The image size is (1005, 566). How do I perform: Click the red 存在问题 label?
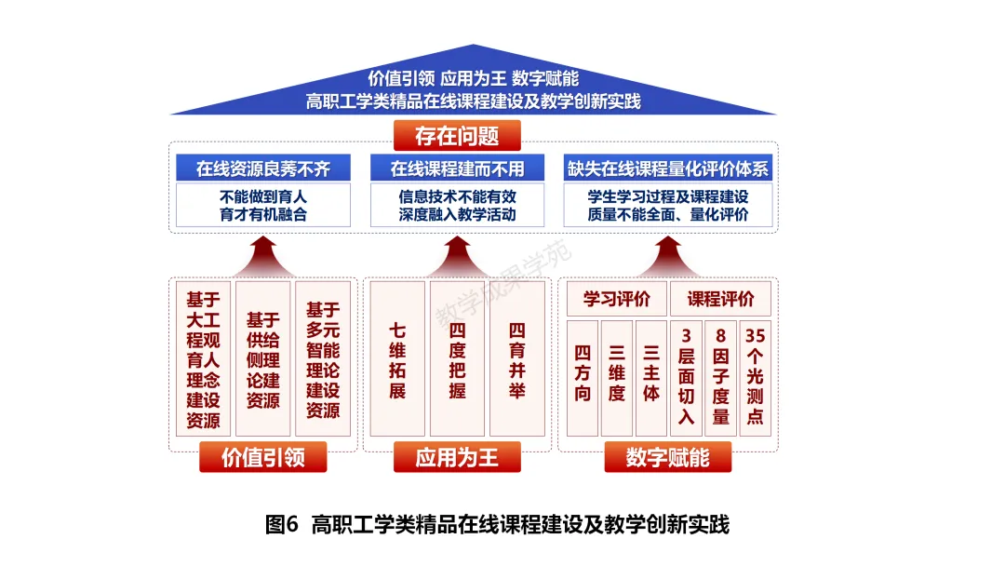456,136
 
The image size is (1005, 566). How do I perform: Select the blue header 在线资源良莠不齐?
262,168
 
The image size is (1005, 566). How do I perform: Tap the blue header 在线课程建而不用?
457,168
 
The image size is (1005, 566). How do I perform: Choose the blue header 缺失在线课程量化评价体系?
669,168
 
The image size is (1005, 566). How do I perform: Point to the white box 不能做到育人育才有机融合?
262,205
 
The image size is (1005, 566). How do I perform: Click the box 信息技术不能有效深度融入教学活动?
457,205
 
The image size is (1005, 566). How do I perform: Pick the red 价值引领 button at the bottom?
262,457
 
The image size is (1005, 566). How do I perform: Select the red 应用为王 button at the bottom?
457,457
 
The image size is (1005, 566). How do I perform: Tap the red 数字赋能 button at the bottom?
668,457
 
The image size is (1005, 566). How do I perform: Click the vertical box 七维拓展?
397,359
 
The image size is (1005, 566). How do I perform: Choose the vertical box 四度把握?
457,359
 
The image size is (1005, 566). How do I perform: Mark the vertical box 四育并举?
517,359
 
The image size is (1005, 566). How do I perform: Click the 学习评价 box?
617,299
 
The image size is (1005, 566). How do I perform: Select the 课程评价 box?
721,299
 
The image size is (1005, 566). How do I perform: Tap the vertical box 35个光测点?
755,378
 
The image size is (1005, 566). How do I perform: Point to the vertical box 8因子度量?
721,378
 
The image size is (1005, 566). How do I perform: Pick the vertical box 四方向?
583,378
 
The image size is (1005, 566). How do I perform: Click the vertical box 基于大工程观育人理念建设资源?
203,359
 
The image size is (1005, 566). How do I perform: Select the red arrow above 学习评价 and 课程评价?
669,253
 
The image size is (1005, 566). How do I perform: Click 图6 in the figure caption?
281,524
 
